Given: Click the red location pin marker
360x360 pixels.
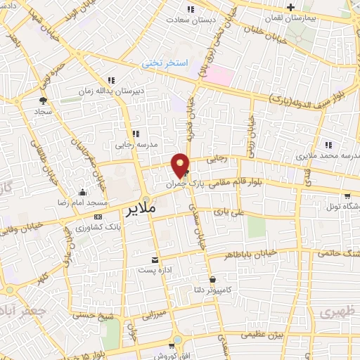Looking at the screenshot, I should click(181, 165).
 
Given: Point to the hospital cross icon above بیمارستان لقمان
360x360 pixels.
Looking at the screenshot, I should click(310, 6).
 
